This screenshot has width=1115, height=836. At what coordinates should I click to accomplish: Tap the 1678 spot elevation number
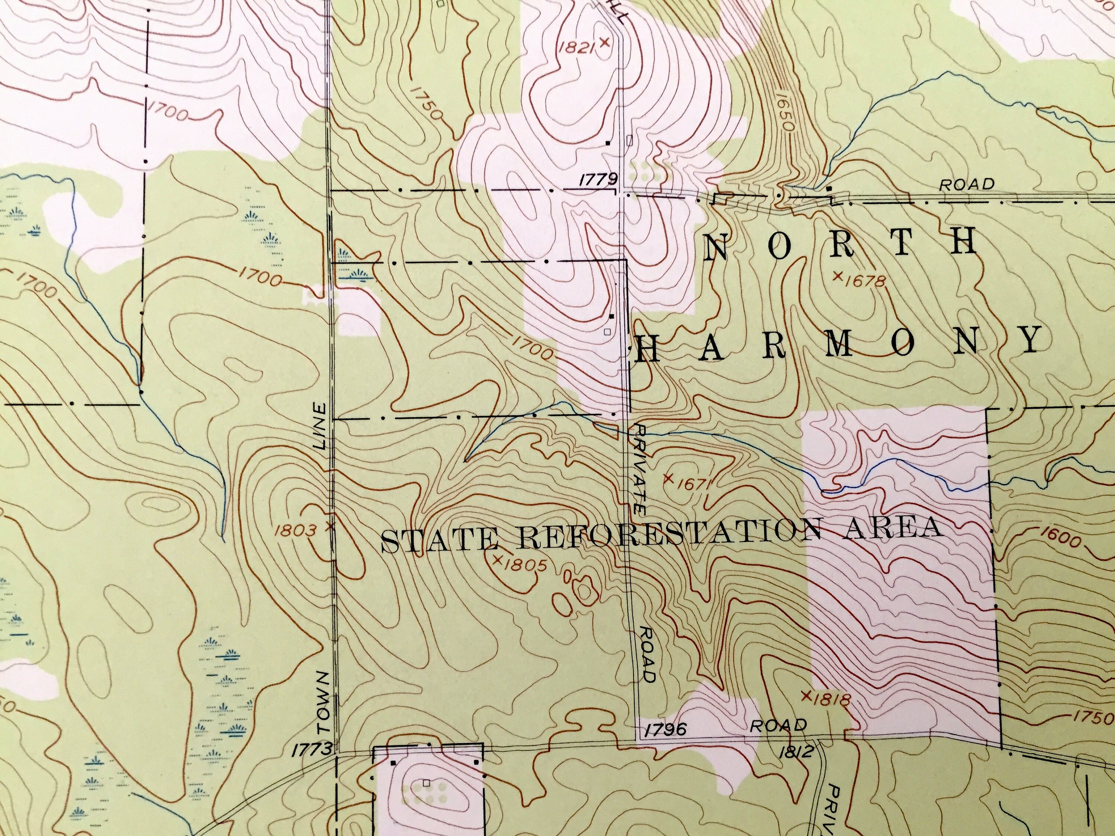(864, 280)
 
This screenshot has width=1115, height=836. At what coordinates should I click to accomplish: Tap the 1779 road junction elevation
(598, 179)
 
